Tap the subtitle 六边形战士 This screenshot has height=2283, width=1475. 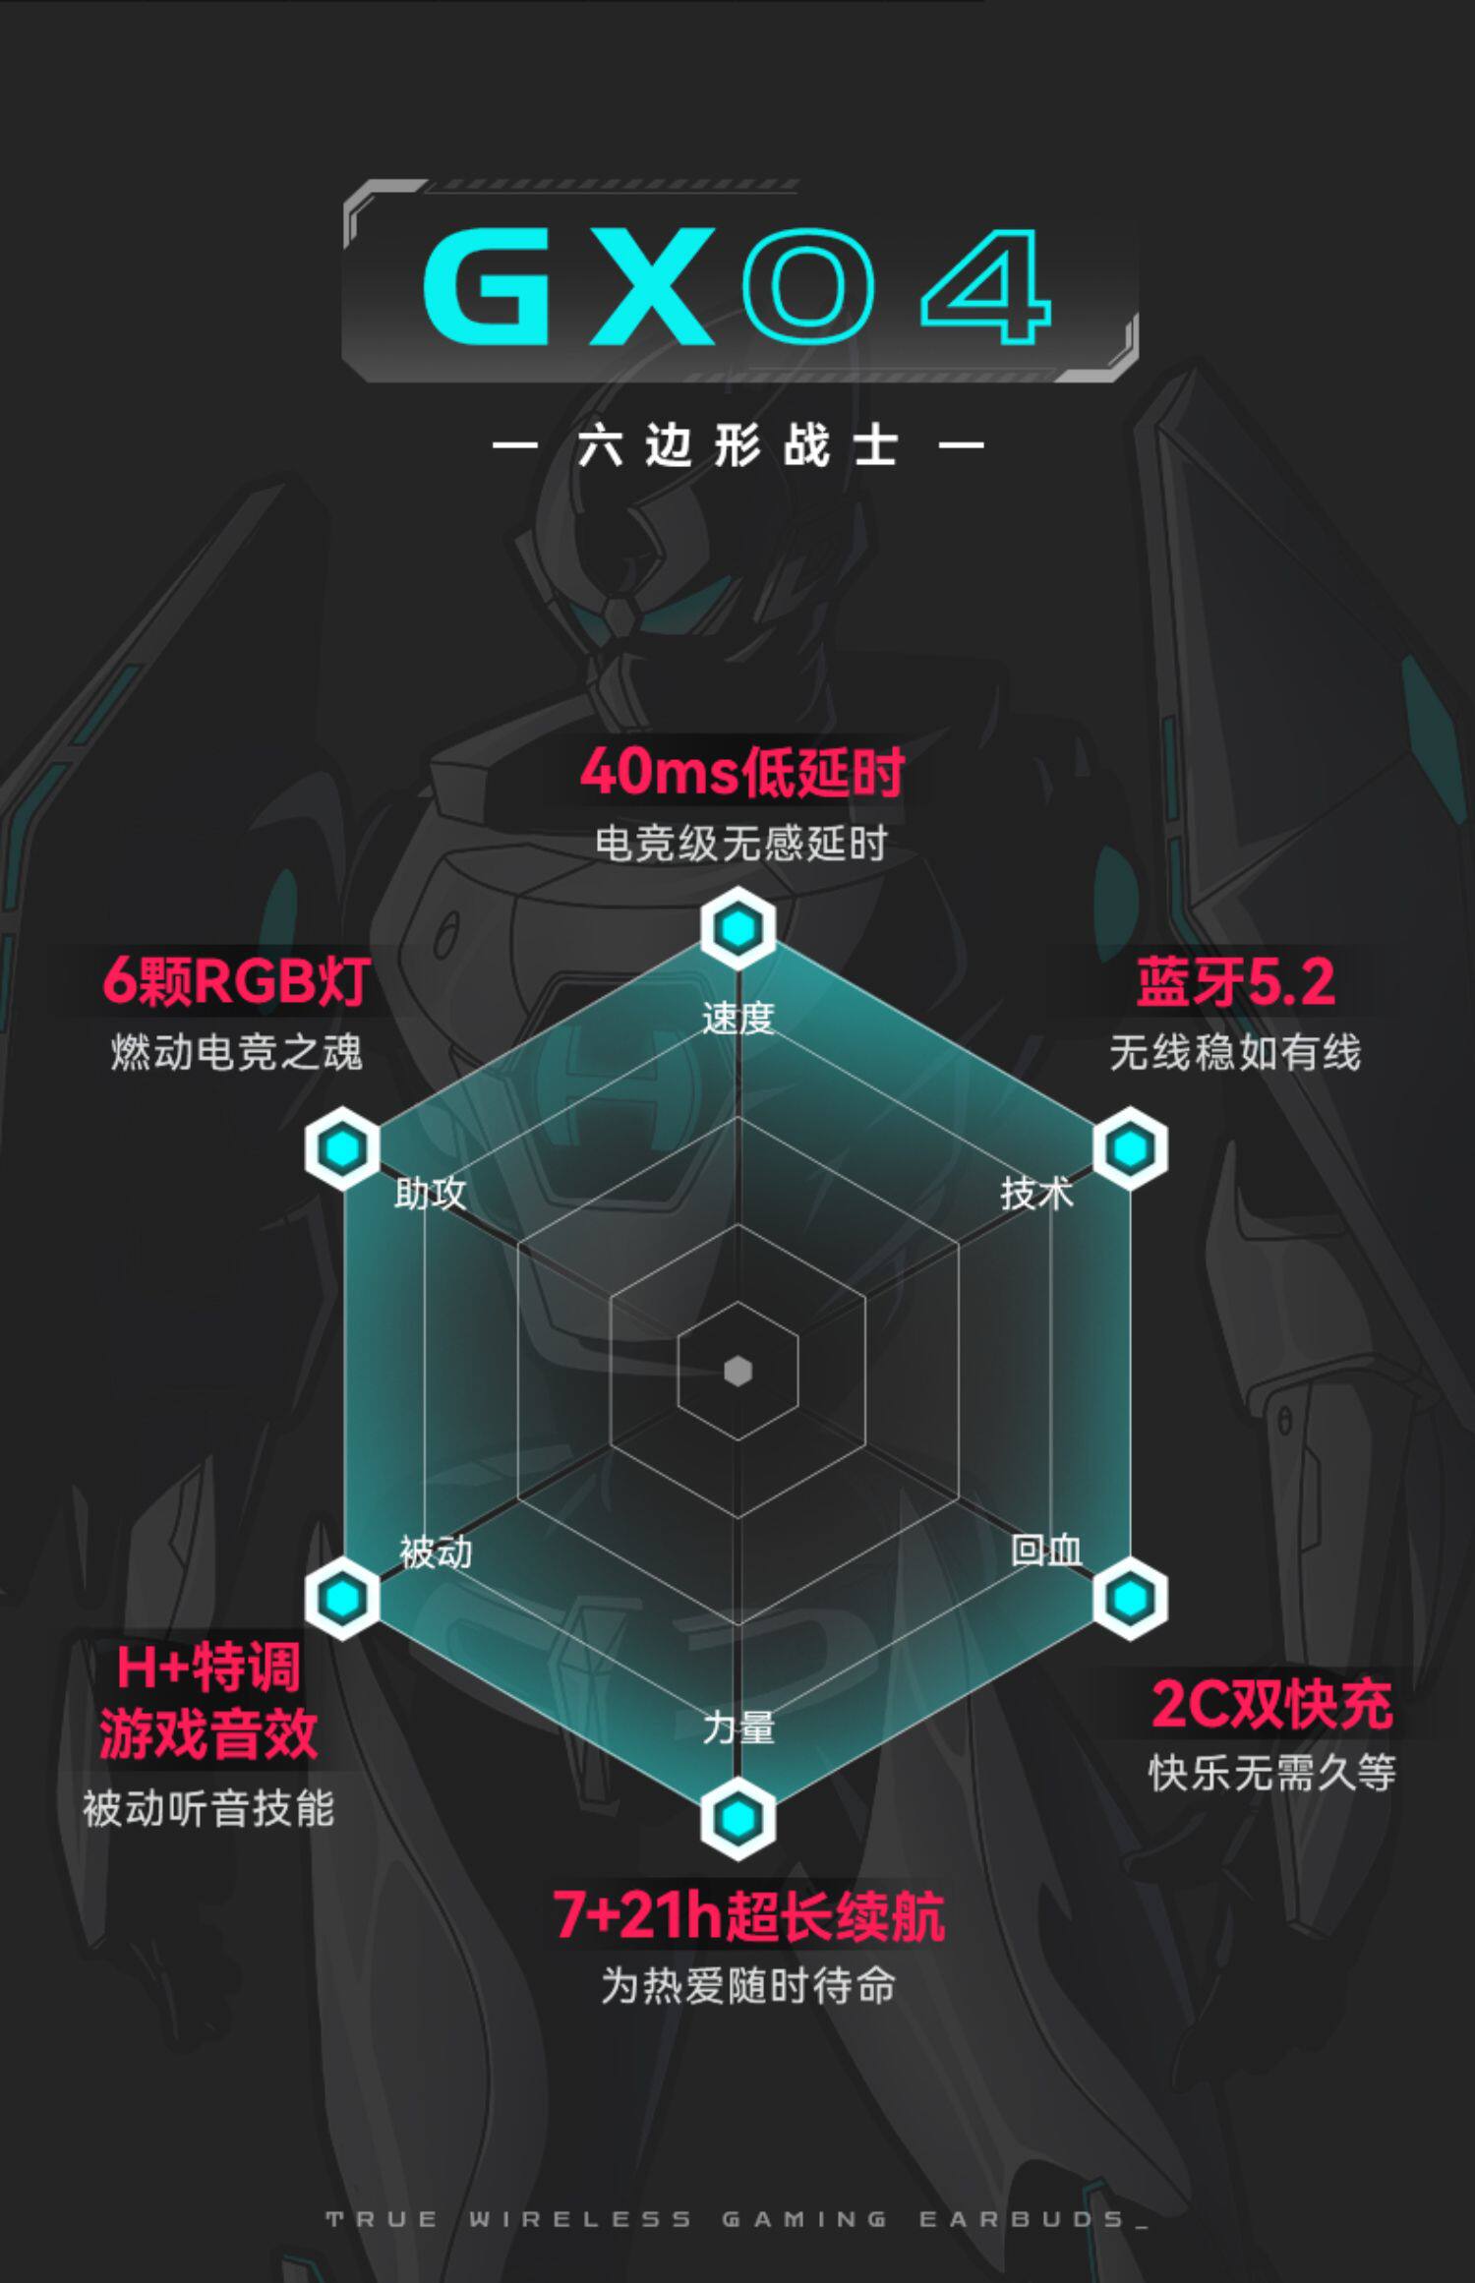point(737,447)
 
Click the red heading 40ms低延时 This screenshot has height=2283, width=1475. point(741,773)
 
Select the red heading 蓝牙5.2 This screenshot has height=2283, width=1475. point(1235,982)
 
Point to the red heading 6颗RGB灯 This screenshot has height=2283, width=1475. point(236,981)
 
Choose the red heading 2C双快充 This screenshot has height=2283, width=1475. point(1271,1704)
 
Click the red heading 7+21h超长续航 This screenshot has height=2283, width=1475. point(748,1915)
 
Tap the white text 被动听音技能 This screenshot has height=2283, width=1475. point(208,1808)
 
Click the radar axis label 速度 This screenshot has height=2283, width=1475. point(737,1018)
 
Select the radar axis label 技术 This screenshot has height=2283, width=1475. point(1036,1194)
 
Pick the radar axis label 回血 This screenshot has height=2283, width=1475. point(1046,1551)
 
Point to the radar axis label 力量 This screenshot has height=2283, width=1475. point(737,1727)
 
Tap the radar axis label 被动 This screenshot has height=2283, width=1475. point(436,1552)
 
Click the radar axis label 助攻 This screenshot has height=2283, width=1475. point(430,1194)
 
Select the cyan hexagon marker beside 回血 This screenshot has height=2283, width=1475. point(1130,1598)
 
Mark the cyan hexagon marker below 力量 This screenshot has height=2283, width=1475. point(737,1819)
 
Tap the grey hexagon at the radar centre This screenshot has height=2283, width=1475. point(737,1371)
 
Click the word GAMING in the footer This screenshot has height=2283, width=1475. point(804,2219)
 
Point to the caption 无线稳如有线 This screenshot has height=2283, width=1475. point(1235,1052)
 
